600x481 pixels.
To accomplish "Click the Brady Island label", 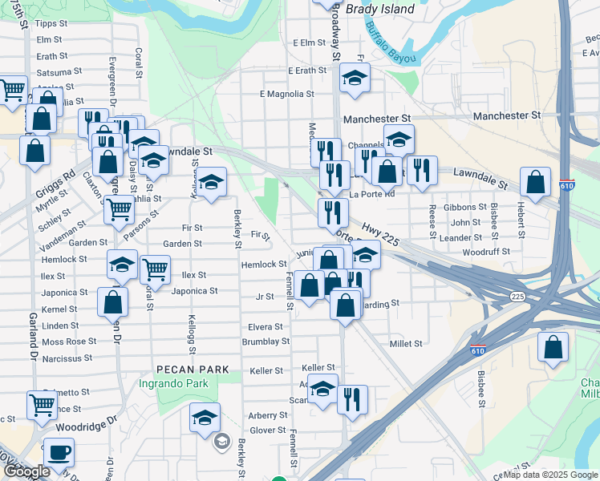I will pos(380,10).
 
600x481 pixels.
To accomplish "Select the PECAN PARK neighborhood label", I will pos(193,370).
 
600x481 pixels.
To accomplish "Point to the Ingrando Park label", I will pos(183,384).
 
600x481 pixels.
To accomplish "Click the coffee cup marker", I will pos(59,452).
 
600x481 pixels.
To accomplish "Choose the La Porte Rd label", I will pos(372,194).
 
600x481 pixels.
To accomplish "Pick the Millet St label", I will pos(406,343).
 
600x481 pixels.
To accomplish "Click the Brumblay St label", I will pos(266,342).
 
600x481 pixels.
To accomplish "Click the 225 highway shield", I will pos(517,296).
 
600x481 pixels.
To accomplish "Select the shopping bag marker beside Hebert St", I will pos(535,181).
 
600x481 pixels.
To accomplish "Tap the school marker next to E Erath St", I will pos(353,78).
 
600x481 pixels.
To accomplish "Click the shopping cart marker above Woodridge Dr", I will pos(42,403).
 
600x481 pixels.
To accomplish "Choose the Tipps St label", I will pos(51,24).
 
